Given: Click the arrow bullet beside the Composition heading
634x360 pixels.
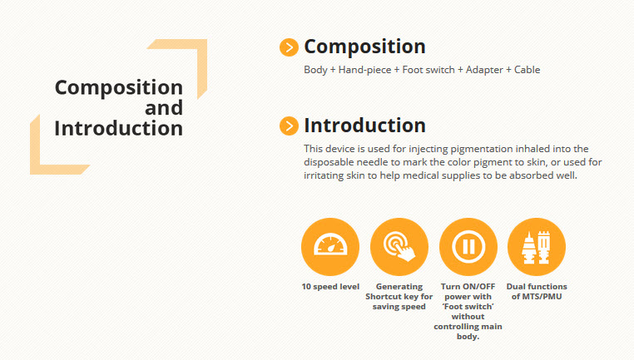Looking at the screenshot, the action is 289,47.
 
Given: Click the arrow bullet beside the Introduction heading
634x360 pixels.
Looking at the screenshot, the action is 289,126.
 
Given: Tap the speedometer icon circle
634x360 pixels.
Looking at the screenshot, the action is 330,247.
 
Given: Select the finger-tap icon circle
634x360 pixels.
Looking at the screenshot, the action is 399,247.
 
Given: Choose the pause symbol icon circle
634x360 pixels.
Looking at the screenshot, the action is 468,247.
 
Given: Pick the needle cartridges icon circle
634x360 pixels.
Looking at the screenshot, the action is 537,247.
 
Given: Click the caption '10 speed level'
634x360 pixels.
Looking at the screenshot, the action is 330,287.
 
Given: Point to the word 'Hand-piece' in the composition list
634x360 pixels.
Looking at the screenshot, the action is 364,70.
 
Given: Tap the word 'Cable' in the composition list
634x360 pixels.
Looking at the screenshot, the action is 527,70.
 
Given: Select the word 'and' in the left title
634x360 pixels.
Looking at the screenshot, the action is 164,108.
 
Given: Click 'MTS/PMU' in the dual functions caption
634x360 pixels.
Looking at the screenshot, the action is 542,297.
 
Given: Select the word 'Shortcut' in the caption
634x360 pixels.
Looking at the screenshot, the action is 382,297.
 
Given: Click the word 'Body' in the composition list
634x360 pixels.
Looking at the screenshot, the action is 315,70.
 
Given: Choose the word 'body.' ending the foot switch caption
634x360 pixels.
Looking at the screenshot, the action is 468,337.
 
